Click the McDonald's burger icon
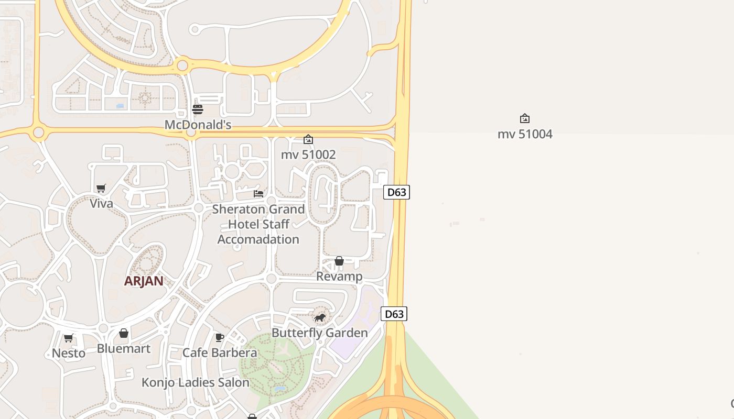coord(198,109)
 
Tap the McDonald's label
coord(198,125)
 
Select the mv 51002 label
coord(308,155)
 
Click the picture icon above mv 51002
coord(308,139)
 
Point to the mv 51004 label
coord(525,134)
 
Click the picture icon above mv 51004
coord(525,118)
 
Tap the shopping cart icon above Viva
coord(101,188)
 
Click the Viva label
coord(101,203)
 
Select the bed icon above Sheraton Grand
coord(258,194)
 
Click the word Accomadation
coord(258,239)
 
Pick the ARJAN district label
coord(144,281)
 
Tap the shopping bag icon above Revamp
coord(339,261)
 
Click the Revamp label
coord(339,276)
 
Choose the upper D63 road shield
coord(396,192)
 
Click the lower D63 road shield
coord(394,314)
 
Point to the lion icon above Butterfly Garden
coord(320,317)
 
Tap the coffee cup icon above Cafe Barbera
coord(220,337)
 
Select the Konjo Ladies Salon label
coord(196,382)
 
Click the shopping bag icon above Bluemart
coord(124,333)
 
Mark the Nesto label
coord(69,353)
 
